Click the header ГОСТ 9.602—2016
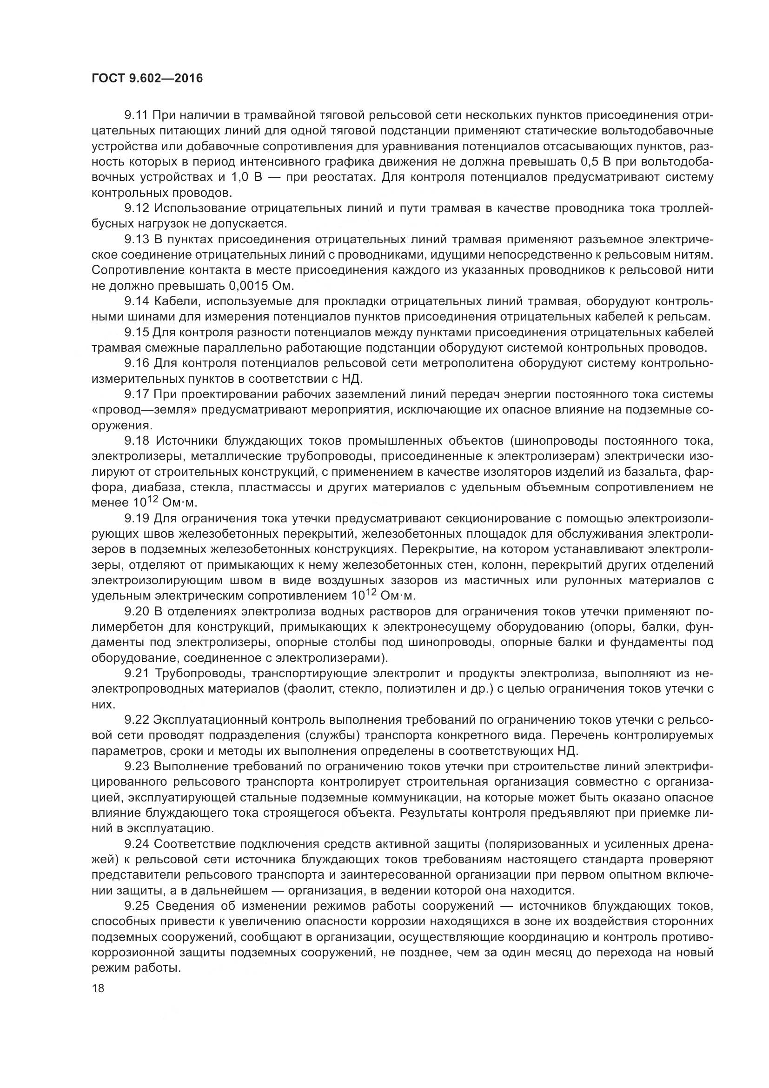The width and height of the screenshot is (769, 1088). coord(147,78)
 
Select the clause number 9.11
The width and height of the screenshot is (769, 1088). coord(137,115)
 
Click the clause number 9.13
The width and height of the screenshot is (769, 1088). coord(137,239)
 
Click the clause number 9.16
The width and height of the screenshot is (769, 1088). coord(137,363)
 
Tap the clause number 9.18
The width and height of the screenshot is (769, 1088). coord(137,441)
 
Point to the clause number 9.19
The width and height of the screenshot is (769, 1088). coord(137,518)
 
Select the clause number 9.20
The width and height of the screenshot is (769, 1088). coord(137,611)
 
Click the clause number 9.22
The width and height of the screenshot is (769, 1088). coord(137,720)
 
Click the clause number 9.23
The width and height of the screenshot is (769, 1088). coord(137,767)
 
